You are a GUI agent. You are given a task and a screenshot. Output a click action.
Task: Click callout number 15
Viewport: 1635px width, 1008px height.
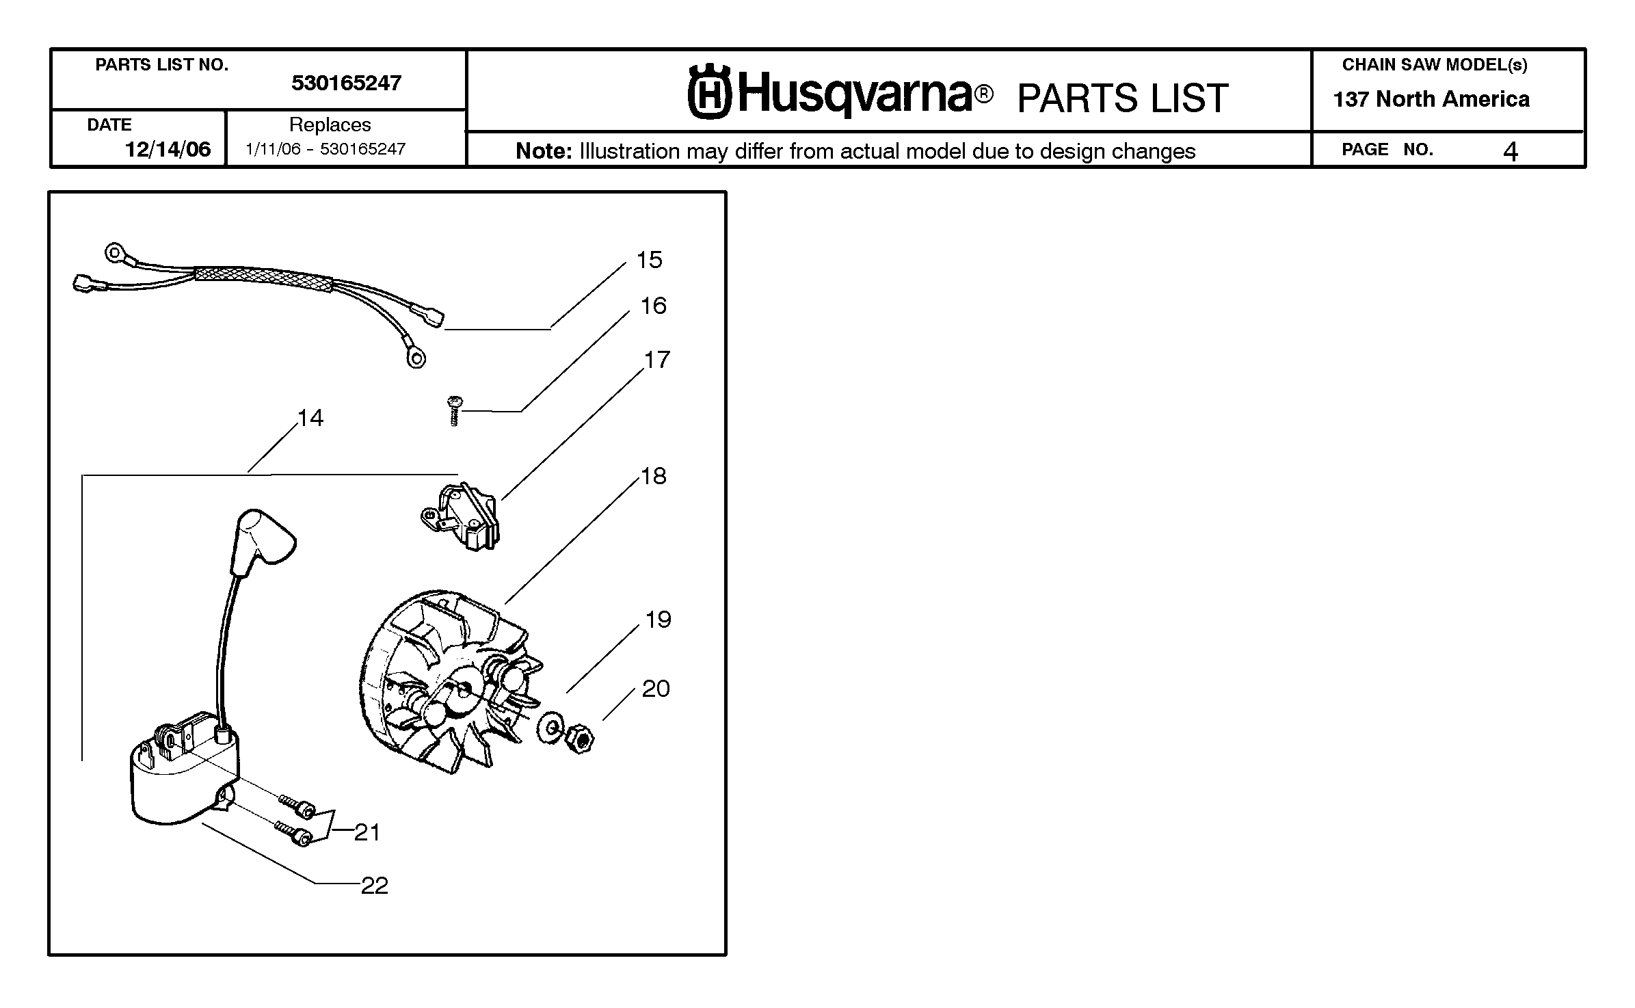click(x=649, y=260)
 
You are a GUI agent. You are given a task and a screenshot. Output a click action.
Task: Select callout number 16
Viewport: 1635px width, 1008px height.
click(x=653, y=306)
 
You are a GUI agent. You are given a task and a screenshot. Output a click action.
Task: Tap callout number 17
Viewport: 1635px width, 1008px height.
click(x=656, y=360)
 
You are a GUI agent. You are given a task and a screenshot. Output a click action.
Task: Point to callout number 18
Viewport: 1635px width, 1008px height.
click(x=653, y=476)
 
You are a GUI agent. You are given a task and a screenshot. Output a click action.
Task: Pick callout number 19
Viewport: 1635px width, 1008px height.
click(x=658, y=620)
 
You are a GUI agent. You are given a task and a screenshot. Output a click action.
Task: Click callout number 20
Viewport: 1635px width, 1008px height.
click(x=656, y=689)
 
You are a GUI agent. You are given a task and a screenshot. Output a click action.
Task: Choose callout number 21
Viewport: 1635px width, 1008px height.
click(x=367, y=832)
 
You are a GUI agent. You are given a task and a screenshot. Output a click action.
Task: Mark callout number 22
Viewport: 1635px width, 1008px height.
click(x=374, y=886)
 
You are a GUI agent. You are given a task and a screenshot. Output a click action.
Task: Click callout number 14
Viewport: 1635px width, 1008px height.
click(x=310, y=418)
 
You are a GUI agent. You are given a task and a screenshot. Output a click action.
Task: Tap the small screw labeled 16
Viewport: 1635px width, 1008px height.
click(x=454, y=411)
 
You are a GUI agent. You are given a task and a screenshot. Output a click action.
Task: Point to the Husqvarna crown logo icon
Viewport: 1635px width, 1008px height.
click(x=709, y=92)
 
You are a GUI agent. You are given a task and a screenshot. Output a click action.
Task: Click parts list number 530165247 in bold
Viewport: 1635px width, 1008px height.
click(x=346, y=83)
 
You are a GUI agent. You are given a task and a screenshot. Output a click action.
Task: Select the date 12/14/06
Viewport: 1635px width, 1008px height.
click(x=168, y=150)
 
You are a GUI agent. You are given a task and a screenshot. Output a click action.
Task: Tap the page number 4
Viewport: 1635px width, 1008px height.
click(x=1511, y=151)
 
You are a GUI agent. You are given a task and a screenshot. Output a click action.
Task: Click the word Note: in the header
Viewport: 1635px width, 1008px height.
click(x=544, y=151)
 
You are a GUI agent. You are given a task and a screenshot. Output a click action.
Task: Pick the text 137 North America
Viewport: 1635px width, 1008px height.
click(x=1431, y=99)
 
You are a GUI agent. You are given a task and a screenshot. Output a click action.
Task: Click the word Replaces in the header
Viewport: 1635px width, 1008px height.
click(x=330, y=125)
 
